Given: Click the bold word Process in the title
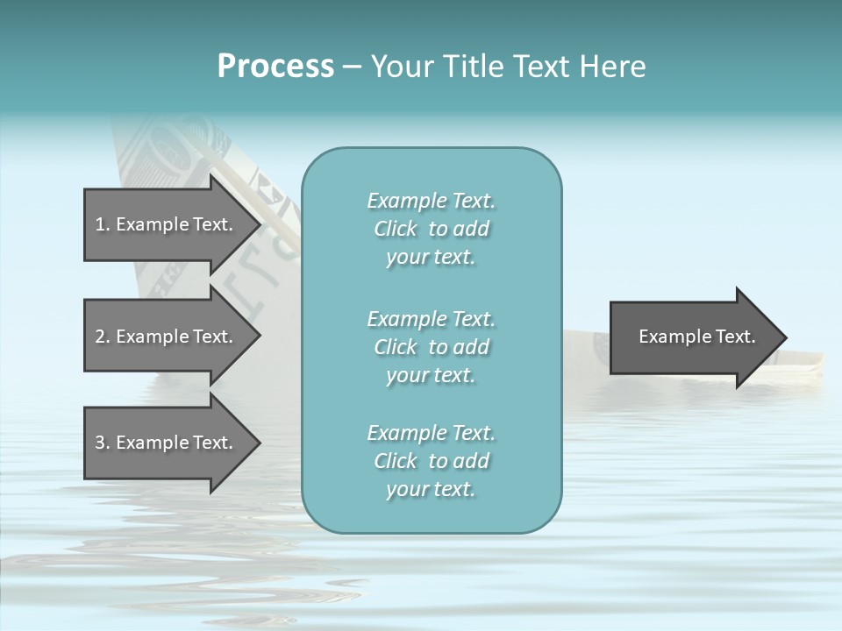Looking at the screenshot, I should tap(275, 67).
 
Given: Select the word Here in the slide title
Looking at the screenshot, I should tap(611, 67).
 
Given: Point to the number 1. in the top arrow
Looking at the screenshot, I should tap(102, 224).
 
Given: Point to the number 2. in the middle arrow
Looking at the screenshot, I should tap(102, 337).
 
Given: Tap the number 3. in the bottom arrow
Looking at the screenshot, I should tap(102, 443).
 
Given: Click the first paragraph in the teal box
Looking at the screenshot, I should tap(431, 229).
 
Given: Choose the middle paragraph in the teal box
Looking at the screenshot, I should tap(431, 347).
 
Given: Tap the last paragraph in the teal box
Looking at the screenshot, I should tap(431, 461).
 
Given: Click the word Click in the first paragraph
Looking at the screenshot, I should tap(396, 229).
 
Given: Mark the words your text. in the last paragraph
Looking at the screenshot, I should tap(431, 489).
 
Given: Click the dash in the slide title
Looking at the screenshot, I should tap(353, 67).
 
